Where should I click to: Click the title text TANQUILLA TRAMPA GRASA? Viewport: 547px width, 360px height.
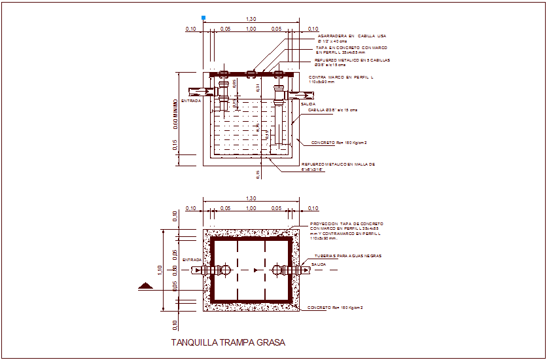(x=228, y=342)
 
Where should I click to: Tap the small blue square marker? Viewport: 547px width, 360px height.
(x=204, y=18)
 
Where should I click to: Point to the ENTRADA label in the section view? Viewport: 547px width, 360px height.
(x=191, y=101)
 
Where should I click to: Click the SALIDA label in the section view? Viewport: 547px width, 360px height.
(x=308, y=104)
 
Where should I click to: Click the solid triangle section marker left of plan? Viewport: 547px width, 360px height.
(x=146, y=285)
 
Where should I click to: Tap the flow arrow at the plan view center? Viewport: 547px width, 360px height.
(x=251, y=270)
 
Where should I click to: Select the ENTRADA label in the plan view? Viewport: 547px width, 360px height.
(x=192, y=260)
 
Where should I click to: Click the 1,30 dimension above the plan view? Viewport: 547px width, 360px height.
(x=251, y=198)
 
